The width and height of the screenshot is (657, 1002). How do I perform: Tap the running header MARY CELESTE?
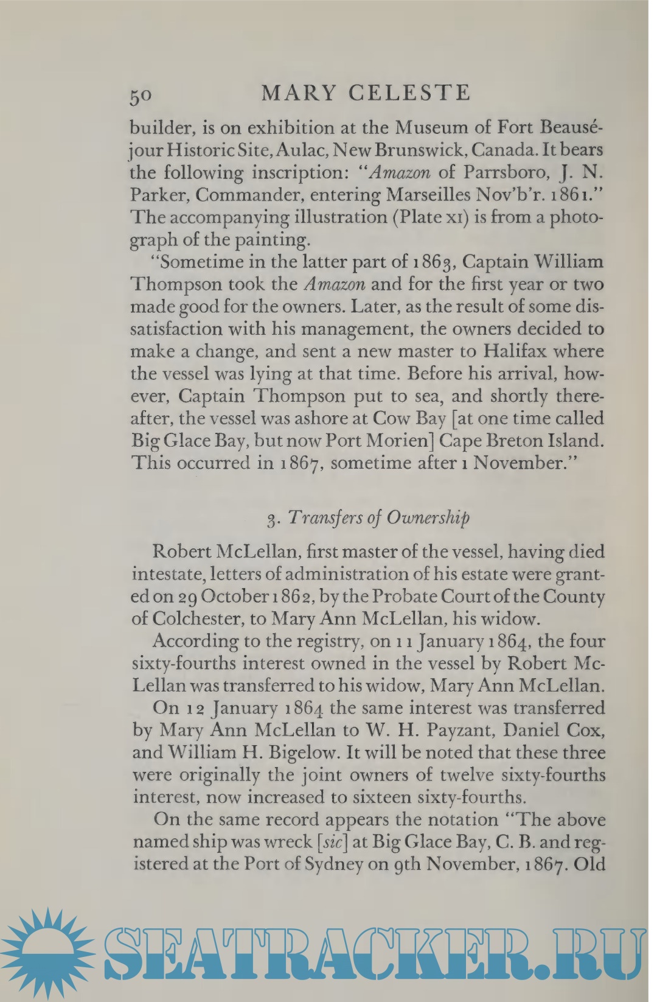[x=366, y=93]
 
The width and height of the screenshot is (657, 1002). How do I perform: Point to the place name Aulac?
[x=305, y=150]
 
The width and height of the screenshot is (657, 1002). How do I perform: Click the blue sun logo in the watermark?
[x=48, y=954]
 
